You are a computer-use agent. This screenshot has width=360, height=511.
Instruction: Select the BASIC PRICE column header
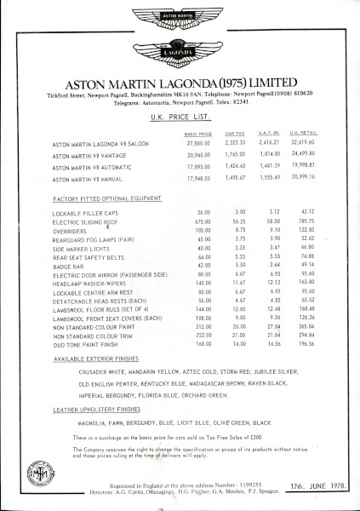200,135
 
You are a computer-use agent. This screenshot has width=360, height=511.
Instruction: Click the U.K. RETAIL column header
303,135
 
